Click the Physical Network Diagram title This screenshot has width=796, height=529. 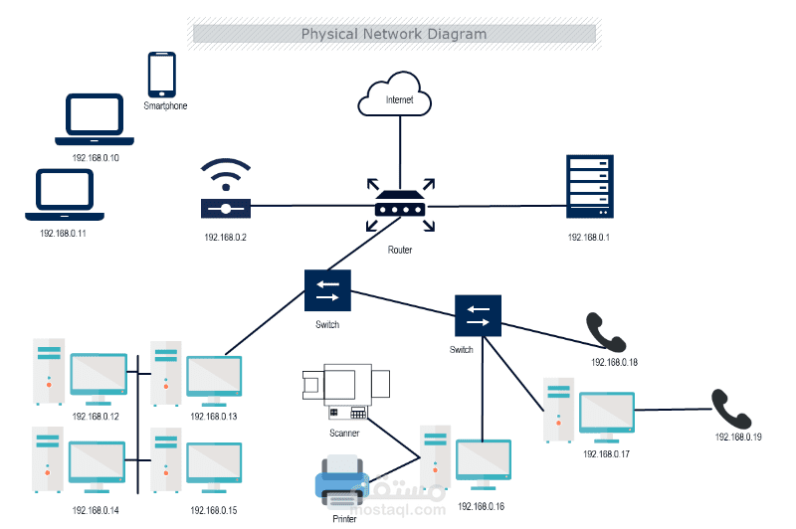tap(394, 34)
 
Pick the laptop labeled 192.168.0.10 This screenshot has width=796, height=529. tap(95, 116)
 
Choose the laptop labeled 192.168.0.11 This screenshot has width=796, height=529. tap(65, 194)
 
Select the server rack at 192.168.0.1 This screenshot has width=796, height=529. tap(587, 186)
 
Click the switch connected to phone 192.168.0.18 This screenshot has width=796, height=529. tap(479, 317)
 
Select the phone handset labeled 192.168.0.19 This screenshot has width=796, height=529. tap(732, 407)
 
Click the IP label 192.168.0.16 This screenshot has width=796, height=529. tap(482, 506)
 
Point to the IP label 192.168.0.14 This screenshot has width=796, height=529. tap(96, 510)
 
